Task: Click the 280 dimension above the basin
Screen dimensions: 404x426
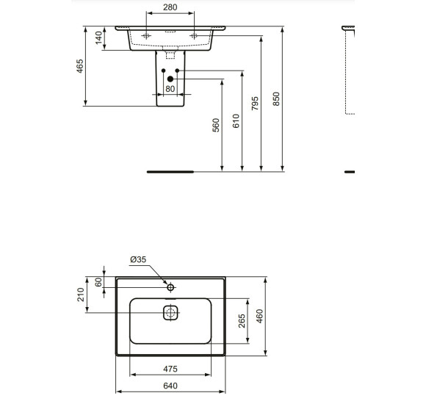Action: pyautogui.click(x=170, y=7)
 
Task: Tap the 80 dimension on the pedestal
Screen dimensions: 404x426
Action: pyautogui.click(x=170, y=89)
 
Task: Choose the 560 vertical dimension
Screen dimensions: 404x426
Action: pyautogui.click(x=216, y=126)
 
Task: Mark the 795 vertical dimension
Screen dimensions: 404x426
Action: pyautogui.click(x=255, y=101)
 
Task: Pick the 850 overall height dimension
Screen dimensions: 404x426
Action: pyautogui.click(x=276, y=98)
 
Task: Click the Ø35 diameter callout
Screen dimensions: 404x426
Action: pyautogui.click(x=139, y=259)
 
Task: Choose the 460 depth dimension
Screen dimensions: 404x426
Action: pyautogui.click(x=259, y=316)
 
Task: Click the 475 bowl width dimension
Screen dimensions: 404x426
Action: pyautogui.click(x=170, y=369)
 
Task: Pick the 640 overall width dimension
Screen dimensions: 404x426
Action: pyautogui.click(x=170, y=386)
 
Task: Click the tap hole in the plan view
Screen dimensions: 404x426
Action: pyautogui.click(x=170, y=287)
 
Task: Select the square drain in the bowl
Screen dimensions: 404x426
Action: pyautogui.click(x=170, y=313)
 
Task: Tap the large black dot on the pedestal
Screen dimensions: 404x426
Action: pyautogui.click(x=170, y=78)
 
